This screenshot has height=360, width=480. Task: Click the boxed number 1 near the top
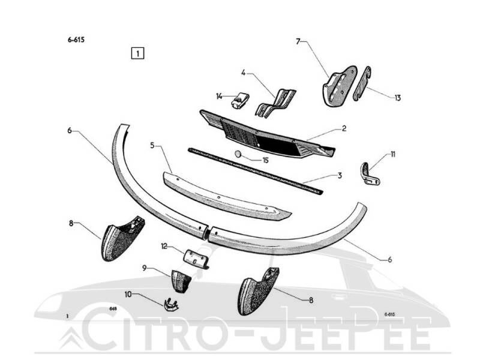click(137, 53)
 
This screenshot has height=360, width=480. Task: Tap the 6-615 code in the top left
click(76, 40)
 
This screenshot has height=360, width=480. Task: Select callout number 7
click(298, 41)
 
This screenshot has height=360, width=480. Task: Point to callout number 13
click(397, 98)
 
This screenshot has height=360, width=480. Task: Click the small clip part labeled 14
click(240, 100)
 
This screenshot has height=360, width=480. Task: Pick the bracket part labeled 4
click(275, 103)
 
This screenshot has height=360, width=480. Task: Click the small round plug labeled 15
click(238, 154)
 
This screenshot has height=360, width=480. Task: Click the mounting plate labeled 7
click(339, 86)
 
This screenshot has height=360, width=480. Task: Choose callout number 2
click(344, 128)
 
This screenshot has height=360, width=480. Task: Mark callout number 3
click(340, 176)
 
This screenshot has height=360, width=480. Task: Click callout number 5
click(152, 145)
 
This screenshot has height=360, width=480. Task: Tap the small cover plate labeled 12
click(196, 259)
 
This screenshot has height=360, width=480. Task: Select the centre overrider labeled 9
click(181, 281)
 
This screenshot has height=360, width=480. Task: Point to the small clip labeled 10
click(171, 305)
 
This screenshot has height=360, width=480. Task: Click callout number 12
click(164, 246)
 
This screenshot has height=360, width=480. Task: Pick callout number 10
click(128, 294)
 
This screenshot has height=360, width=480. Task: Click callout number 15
click(265, 160)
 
